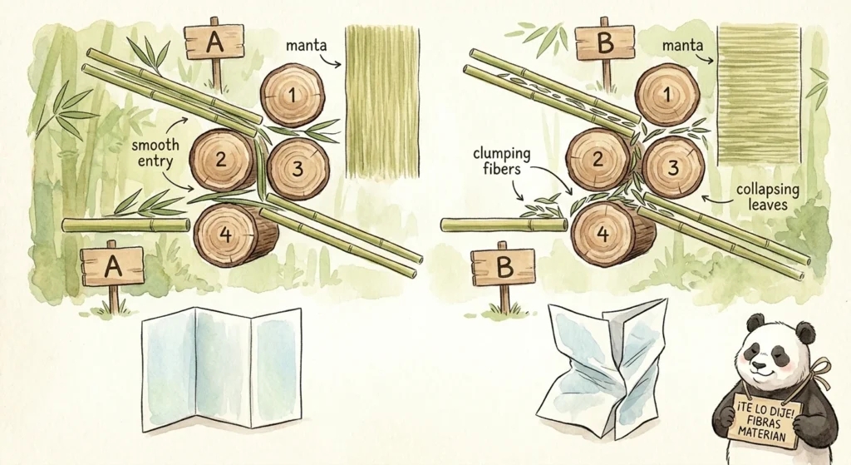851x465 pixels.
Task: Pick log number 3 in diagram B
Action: point(674,167)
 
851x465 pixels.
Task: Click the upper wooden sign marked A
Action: point(214,41)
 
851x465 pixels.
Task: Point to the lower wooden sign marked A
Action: point(113,266)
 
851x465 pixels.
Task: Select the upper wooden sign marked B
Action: point(605,42)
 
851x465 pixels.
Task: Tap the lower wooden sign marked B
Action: point(503,266)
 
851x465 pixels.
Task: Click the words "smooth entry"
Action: point(155,151)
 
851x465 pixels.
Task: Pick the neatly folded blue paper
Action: point(221,368)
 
